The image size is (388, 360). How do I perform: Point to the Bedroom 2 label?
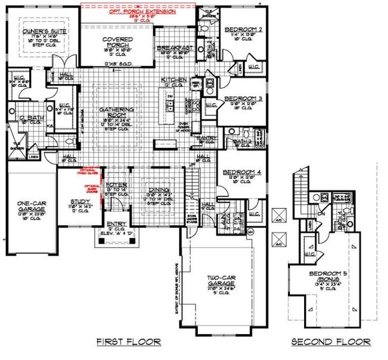(x=243, y=29)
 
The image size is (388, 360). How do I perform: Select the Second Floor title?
(x=330, y=342)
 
